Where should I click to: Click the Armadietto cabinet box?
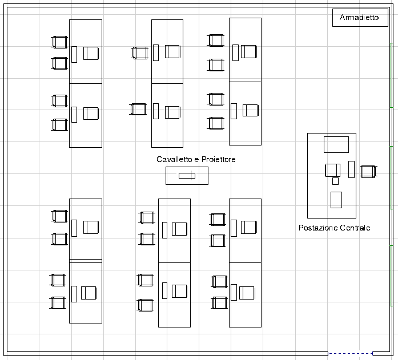pos(360,18)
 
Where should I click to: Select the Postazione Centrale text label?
pos(334,228)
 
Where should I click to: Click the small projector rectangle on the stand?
pos(187,176)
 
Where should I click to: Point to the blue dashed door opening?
pos(350,353)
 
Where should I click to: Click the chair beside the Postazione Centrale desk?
pos(369,172)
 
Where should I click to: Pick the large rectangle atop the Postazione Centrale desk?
pos(336,144)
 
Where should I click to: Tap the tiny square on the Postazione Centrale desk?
pos(335,181)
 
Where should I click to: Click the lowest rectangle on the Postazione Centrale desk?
pos(336,200)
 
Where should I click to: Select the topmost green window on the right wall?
pos(391,75)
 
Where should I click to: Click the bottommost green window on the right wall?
pos(391,276)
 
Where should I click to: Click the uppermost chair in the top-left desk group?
pos(59,42)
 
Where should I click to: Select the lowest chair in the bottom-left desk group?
pos(58,303)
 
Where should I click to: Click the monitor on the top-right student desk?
pos(249,51)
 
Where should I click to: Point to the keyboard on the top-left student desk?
pos(74,54)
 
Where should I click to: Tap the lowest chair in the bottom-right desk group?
pos(219,303)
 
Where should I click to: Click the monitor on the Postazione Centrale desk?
pos(333,170)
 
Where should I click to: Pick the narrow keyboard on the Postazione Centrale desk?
pos(352,169)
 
